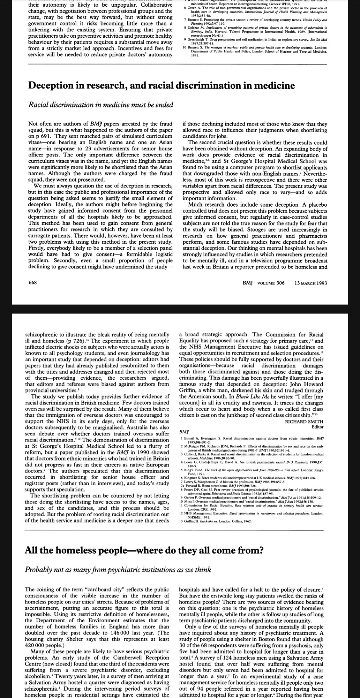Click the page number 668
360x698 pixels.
coord(32,283)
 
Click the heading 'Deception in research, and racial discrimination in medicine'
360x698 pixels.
coord(161,86)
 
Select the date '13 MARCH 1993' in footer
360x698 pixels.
coord(310,283)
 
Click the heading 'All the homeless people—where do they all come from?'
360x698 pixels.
coord(144,550)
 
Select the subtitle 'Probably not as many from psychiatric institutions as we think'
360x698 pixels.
coord(118,570)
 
